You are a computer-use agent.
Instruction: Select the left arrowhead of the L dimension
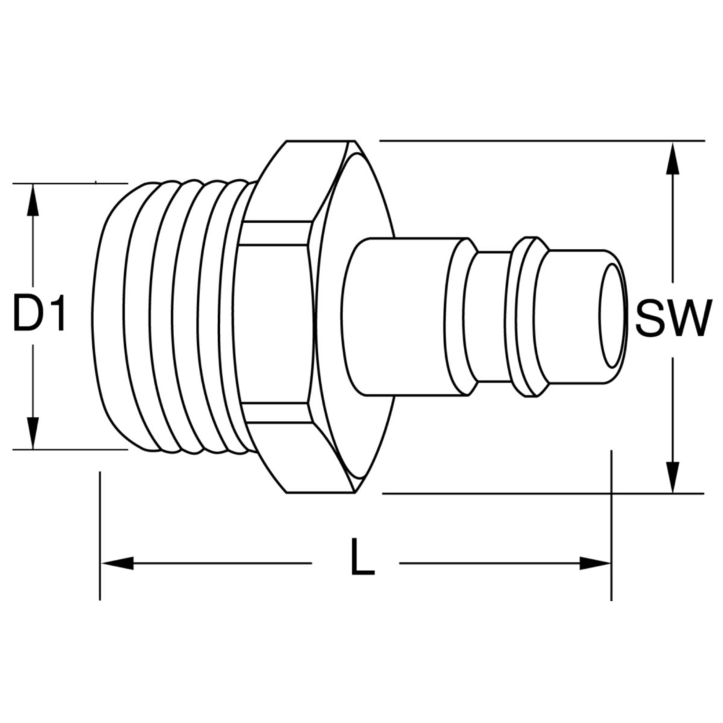(117, 564)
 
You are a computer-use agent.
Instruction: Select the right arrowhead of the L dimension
(594, 564)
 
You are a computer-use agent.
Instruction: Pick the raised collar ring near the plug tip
(529, 316)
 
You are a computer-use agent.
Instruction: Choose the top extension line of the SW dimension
(542, 141)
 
